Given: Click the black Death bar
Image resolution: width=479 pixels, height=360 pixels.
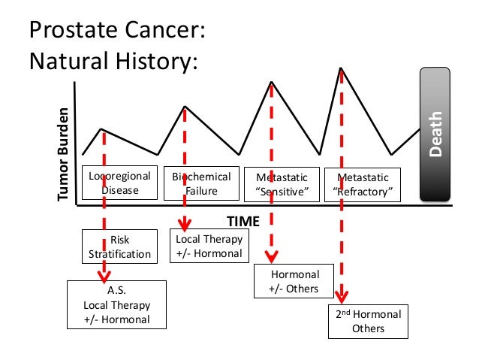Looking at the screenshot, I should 435,135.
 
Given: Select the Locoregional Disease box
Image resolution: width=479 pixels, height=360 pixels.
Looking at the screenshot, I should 120,183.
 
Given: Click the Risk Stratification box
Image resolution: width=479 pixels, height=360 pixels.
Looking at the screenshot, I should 120,247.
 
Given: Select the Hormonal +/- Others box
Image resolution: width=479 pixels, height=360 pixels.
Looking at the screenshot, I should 294,281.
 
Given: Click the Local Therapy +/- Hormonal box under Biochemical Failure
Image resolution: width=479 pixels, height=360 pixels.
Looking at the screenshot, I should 209,247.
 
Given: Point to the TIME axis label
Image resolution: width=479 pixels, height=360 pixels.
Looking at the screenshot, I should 243,221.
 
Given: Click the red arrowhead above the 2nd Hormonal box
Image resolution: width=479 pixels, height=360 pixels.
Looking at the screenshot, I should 342,298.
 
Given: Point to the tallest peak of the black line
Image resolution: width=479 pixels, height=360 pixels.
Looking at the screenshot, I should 342,68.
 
